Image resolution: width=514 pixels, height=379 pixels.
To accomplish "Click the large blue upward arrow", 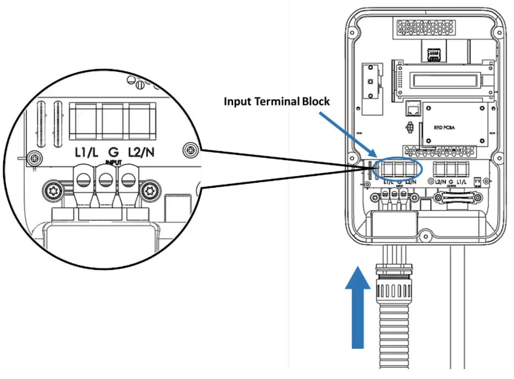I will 357,307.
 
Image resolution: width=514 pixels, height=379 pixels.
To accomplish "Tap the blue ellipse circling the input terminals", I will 398,169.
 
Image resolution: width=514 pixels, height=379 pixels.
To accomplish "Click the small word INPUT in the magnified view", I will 113,162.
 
